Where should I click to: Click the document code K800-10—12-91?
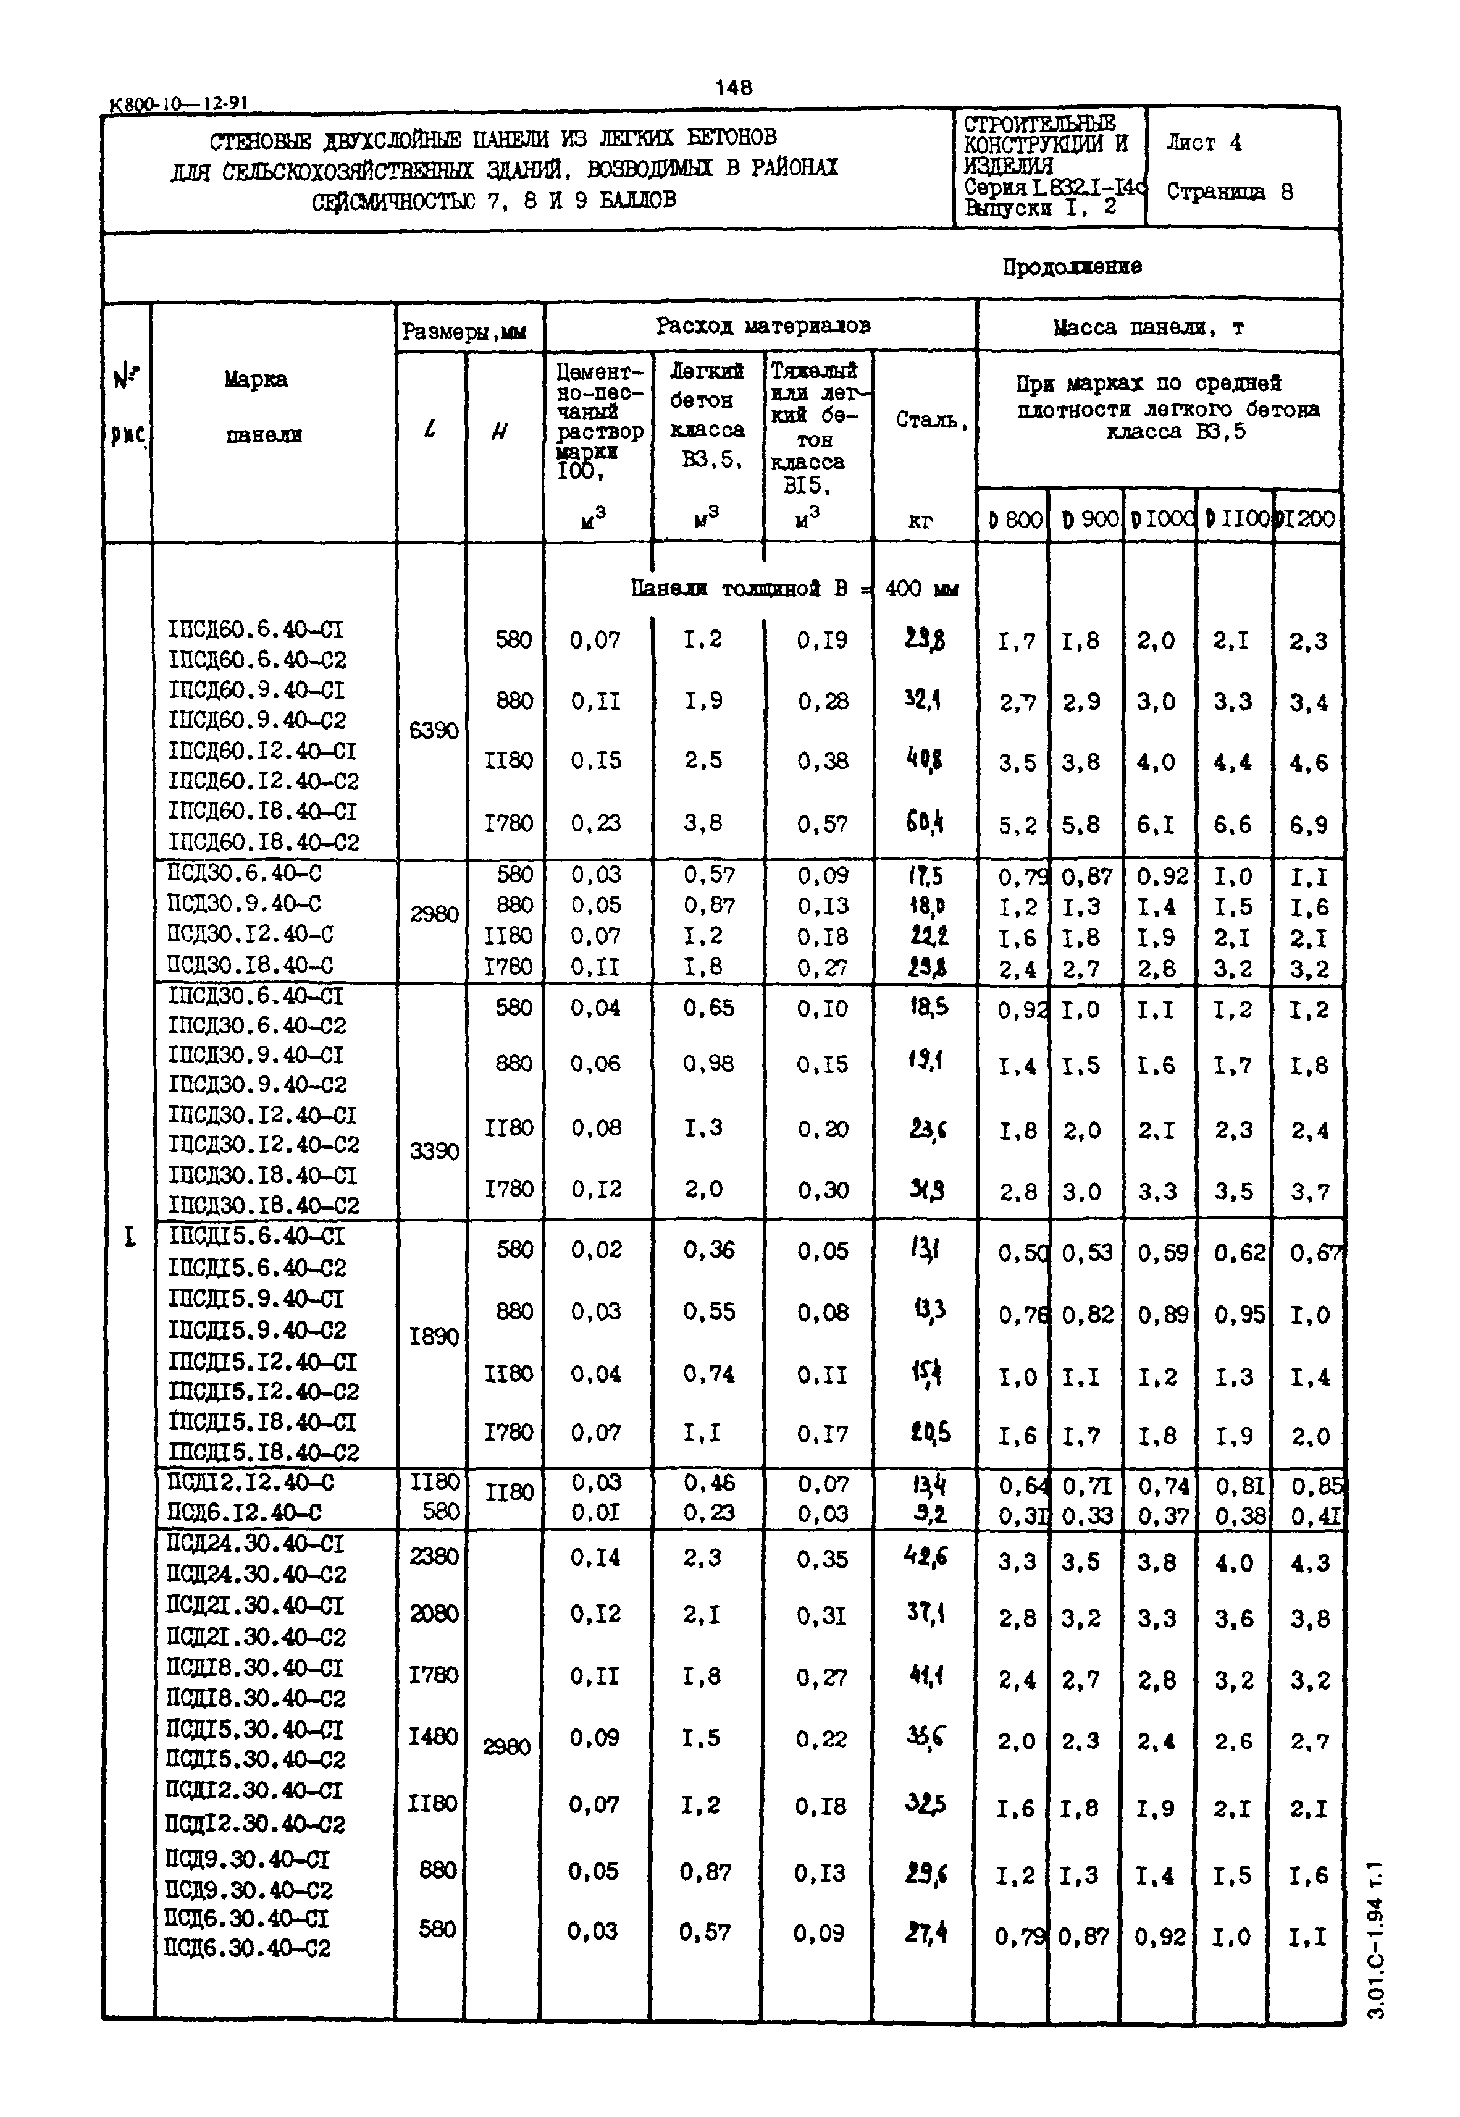click(178, 104)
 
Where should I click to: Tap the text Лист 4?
click(1204, 143)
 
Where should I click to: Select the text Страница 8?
click(1228, 192)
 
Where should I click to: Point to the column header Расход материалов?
click(762, 326)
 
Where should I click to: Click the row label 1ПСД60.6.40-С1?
click(256, 629)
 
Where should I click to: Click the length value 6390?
click(433, 731)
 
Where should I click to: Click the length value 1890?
click(433, 1337)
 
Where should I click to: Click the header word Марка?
click(256, 379)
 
